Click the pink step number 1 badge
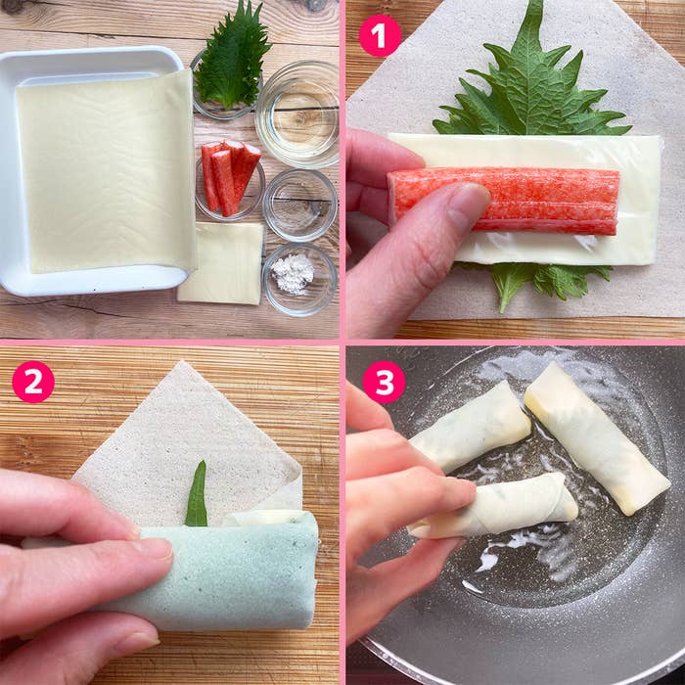(380, 36)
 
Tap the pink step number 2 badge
(33, 382)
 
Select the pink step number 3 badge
(384, 382)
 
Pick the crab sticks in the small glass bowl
(230, 176)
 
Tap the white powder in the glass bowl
(293, 273)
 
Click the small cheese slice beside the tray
(221, 263)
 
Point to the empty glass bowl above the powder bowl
(299, 205)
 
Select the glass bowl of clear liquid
(297, 114)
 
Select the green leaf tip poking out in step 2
(197, 493)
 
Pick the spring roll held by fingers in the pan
(493, 505)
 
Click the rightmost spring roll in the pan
(597, 438)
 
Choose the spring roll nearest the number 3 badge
(471, 428)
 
